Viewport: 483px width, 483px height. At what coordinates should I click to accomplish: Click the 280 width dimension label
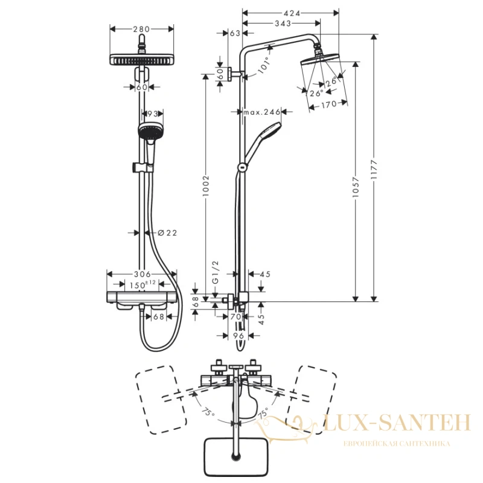coord(141,29)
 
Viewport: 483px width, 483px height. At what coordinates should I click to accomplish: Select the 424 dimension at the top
coord(292,13)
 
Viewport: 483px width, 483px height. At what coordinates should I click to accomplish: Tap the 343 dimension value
coord(283,23)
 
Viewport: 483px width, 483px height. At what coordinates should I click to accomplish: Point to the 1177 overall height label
coord(374,169)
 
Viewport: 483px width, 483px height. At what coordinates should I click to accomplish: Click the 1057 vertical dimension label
coord(356,187)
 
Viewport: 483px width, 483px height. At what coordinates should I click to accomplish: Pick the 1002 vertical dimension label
coord(206,186)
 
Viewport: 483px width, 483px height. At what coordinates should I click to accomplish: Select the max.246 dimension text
coord(262,112)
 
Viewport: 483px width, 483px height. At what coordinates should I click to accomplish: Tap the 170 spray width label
coord(328,105)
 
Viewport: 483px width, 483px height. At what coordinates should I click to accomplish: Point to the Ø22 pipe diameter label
coord(167,233)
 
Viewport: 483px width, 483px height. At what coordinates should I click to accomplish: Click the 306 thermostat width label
coord(142,274)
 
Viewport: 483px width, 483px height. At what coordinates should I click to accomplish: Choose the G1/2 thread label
coord(216,272)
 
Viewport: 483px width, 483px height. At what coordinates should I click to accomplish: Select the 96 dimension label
coord(238,336)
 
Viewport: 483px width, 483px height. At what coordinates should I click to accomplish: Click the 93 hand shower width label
coord(153,114)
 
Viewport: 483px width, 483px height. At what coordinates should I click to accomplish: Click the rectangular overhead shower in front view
coord(142,59)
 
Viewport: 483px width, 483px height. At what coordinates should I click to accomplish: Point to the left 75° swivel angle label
coord(208,411)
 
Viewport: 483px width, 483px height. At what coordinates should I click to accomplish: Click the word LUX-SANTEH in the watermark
coord(397,423)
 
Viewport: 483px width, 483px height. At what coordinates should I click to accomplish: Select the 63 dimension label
coord(235,33)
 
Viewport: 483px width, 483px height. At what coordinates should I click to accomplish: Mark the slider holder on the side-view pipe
coord(243,167)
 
